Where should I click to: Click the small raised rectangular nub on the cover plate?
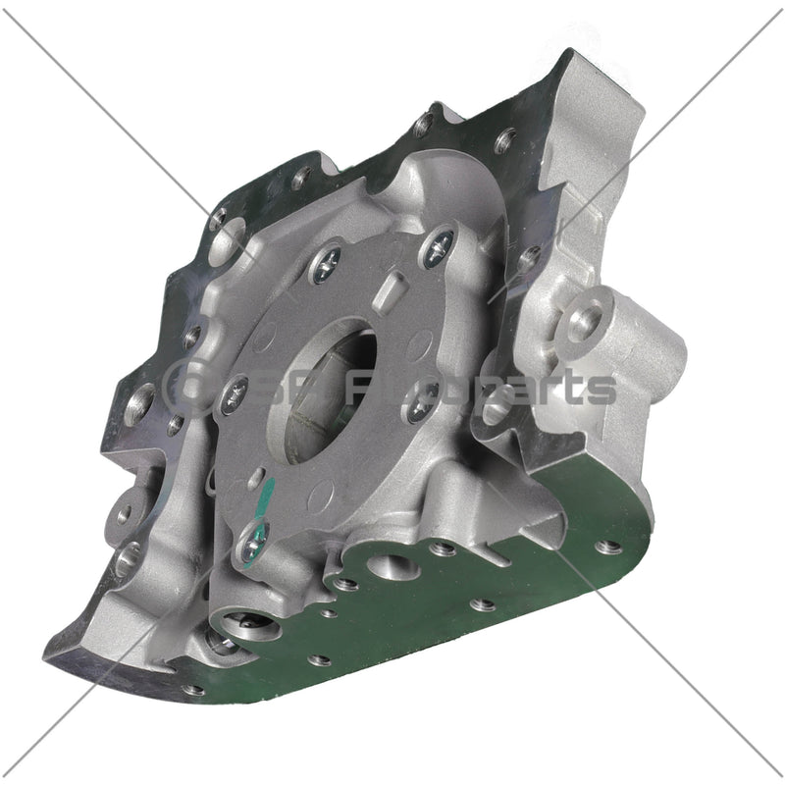pos(393,289)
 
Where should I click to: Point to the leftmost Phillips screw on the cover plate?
pos(235,393)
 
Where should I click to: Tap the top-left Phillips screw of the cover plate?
pos(326,261)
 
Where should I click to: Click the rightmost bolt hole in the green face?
pos(608,546)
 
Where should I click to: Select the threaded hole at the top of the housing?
pos(424,125)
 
